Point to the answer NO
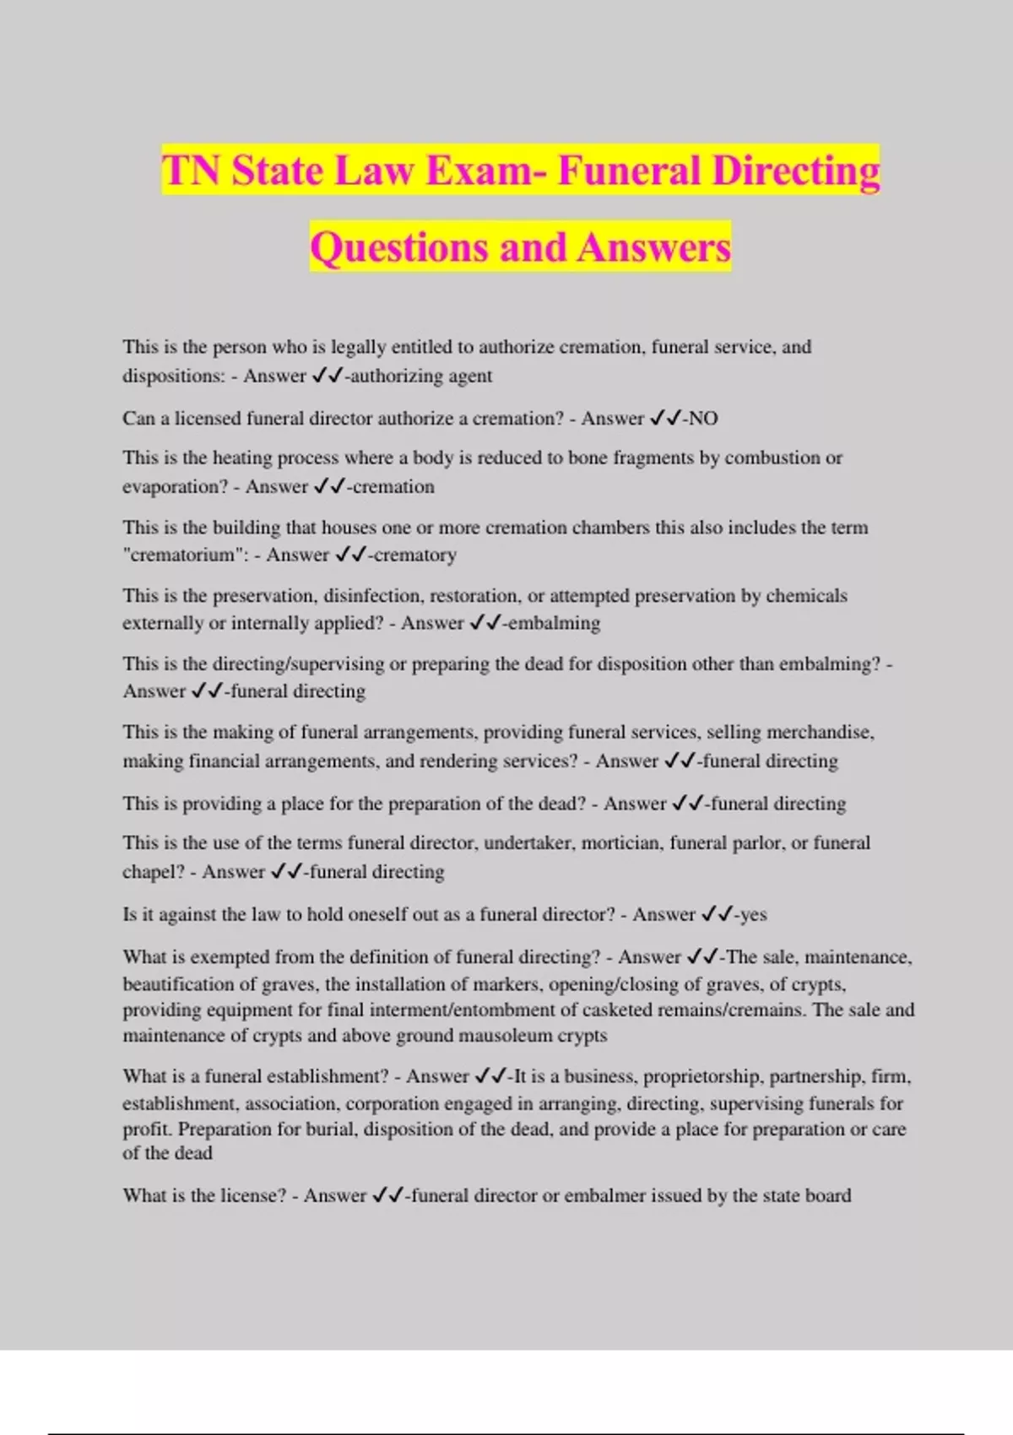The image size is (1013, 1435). tap(703, 419)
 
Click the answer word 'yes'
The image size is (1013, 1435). tap(754, 914)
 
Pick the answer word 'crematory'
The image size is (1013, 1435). tap(414, 555)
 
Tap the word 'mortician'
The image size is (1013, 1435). tap(621, 842)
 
